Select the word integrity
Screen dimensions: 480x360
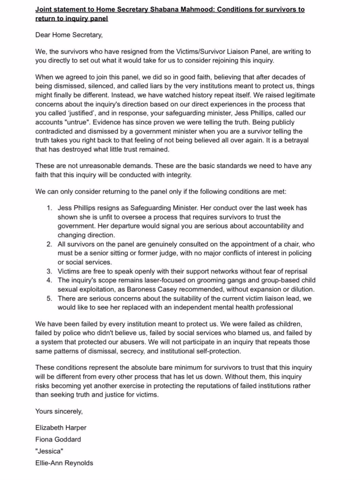[x=179, y=175]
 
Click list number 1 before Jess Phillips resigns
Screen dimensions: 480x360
[x=49, y=208]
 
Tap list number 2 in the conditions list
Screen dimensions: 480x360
[x=49, y=244]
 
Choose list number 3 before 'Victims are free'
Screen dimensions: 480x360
[x=49, y=271]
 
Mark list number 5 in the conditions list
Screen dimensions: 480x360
[x=49, y=299]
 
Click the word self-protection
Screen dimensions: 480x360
[x=220, y=351]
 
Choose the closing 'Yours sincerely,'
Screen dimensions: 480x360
[x=59, y=411]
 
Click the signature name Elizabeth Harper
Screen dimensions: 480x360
[x=61, y=428]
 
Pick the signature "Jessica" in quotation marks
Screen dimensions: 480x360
[x=49, y=451]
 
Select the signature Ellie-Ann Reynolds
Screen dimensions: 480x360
[x=64, y=463]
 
